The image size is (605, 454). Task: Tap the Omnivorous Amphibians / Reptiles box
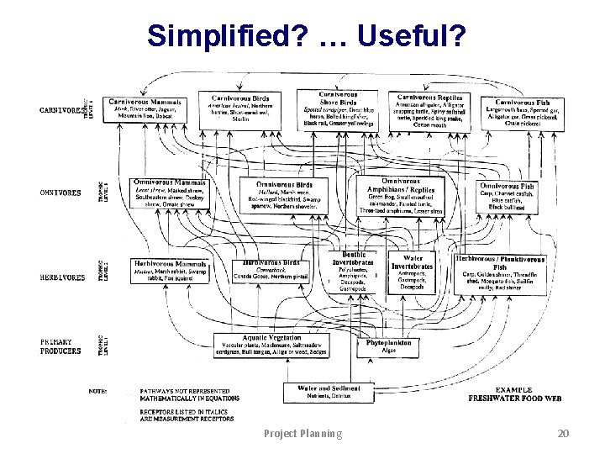(401, 199)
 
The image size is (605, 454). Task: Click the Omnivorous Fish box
(507, 197)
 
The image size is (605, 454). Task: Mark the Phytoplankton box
(387, 347)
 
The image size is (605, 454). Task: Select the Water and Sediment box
(329, 392)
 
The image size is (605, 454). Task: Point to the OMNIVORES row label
(61, 193)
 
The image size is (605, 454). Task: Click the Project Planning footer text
(303, 434)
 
